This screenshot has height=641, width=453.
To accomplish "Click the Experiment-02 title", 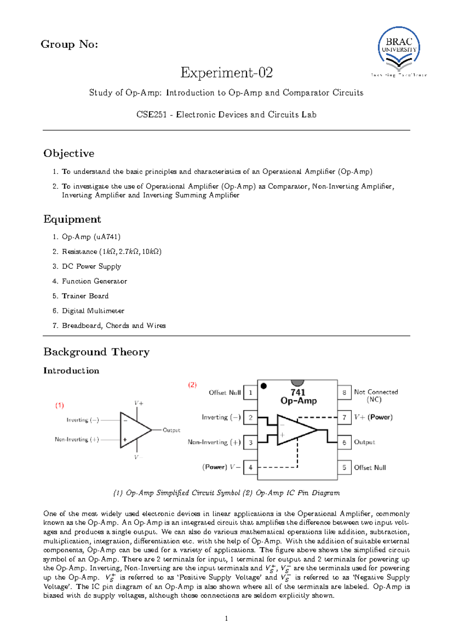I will (x=226, y=72).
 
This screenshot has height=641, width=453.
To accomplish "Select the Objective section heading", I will (x=69, y=153).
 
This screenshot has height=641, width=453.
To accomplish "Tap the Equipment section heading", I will (x=72, y=219).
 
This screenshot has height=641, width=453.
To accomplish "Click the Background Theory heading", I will (x=96, y=352).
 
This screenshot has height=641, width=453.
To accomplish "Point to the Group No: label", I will (x=69, y=44).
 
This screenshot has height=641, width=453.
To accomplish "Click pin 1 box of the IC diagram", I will (x=250, y=393).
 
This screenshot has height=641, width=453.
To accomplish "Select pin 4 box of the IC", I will (x=250, y=468).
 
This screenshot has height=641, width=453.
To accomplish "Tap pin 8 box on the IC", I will (x=344, y=393).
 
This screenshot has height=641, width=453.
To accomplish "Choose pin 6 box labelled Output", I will (x=344, y=442).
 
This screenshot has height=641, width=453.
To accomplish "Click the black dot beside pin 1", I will (x=264, y=386).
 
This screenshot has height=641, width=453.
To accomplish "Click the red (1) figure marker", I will (x=60, y=406).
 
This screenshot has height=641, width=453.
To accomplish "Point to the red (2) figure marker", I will (x=193, y=385).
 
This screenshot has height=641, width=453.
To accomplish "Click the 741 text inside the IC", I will (x=298, y=392).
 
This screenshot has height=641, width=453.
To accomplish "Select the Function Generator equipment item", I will (x=94, y=281).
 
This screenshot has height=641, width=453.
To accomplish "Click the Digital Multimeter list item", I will (x=93, y=311).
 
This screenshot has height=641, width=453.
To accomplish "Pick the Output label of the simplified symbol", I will (x=171, y=430).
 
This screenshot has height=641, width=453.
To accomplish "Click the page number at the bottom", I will (x=226, y=619).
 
